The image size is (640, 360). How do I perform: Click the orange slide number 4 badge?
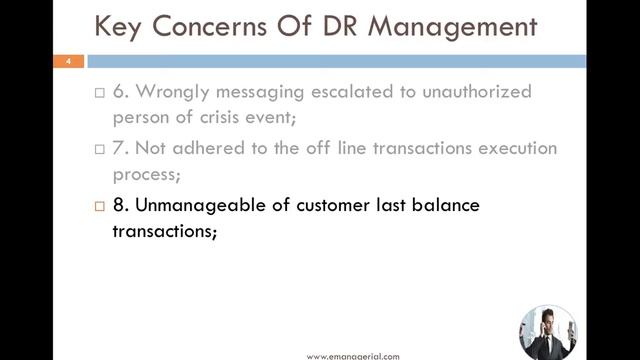pos(68,62)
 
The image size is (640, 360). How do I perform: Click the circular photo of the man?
pos(548,332)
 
